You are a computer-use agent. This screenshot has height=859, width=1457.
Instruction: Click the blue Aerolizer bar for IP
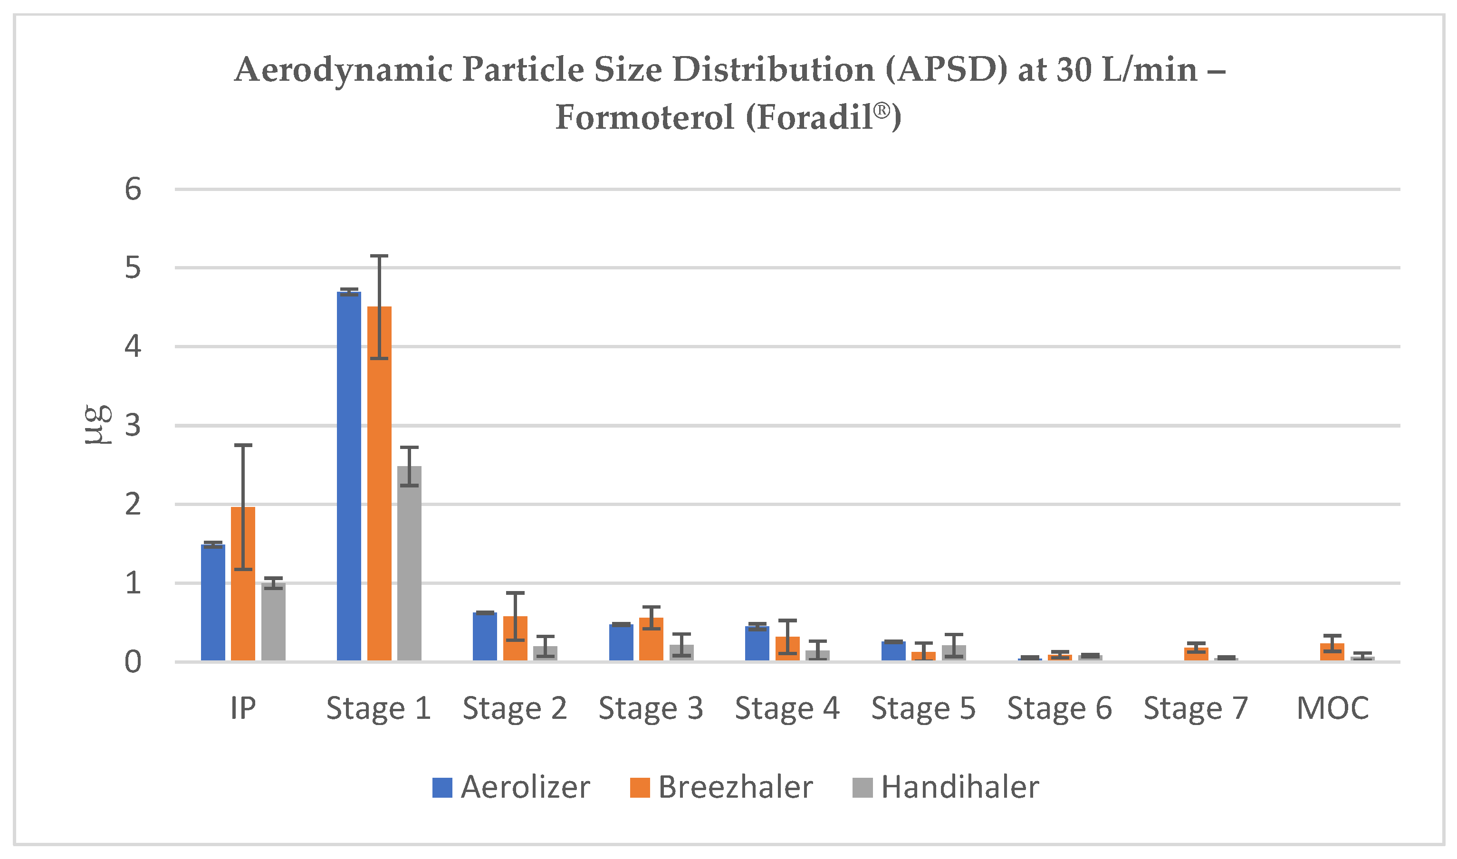(213, 602)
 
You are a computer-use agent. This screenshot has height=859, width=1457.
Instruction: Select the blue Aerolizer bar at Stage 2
(485, 636)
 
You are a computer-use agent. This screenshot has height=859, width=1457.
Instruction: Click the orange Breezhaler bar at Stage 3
(651, 639)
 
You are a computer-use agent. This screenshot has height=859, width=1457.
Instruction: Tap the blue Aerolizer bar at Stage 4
(757, 643)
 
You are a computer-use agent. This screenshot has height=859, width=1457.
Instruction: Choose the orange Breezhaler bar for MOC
(1332, 652)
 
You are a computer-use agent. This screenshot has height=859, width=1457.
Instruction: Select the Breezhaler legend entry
(721, 787)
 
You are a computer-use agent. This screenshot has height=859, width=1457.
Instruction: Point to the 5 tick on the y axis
(133, 268)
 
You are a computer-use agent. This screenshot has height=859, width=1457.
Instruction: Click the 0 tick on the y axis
(133, 662)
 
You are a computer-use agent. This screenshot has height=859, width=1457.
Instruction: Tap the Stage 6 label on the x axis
(1059, 708)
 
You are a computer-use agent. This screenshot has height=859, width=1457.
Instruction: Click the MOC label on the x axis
(1332, 708)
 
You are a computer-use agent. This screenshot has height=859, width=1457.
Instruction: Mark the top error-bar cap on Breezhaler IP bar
(243, 445)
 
